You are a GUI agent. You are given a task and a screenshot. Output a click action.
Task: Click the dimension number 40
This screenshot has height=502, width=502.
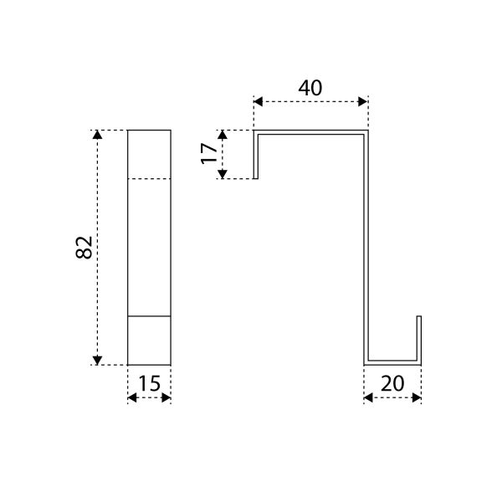coord(310,88)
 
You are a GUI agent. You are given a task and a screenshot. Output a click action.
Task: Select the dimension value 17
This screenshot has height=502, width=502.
coord(208,154)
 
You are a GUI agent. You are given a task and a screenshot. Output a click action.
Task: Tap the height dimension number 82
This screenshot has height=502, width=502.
coord(84,247)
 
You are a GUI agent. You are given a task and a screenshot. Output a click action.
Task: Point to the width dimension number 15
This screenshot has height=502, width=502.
coord(149,383)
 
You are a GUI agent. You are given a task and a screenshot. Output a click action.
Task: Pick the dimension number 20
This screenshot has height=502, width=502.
coord(392,383)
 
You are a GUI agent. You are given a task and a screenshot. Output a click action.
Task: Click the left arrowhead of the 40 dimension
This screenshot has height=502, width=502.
coord(258,102)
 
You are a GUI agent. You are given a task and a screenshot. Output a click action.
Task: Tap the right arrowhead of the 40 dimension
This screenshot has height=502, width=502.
coord(363,102)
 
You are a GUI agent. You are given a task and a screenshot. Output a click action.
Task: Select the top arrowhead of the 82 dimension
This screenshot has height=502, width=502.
coord(97,135)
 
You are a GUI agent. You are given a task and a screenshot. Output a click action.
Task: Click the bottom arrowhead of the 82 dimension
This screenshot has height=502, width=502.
coord(97,360)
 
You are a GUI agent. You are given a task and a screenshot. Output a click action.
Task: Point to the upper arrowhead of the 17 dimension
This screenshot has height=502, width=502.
coord(223,135)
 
